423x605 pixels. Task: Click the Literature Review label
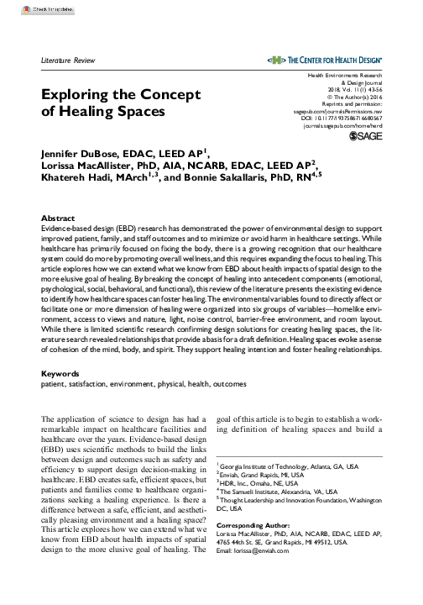coord(69,62)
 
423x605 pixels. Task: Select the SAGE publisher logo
coord(366,135)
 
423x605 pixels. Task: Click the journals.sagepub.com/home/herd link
coord(345,124)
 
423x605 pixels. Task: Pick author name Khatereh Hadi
coord(76,178)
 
